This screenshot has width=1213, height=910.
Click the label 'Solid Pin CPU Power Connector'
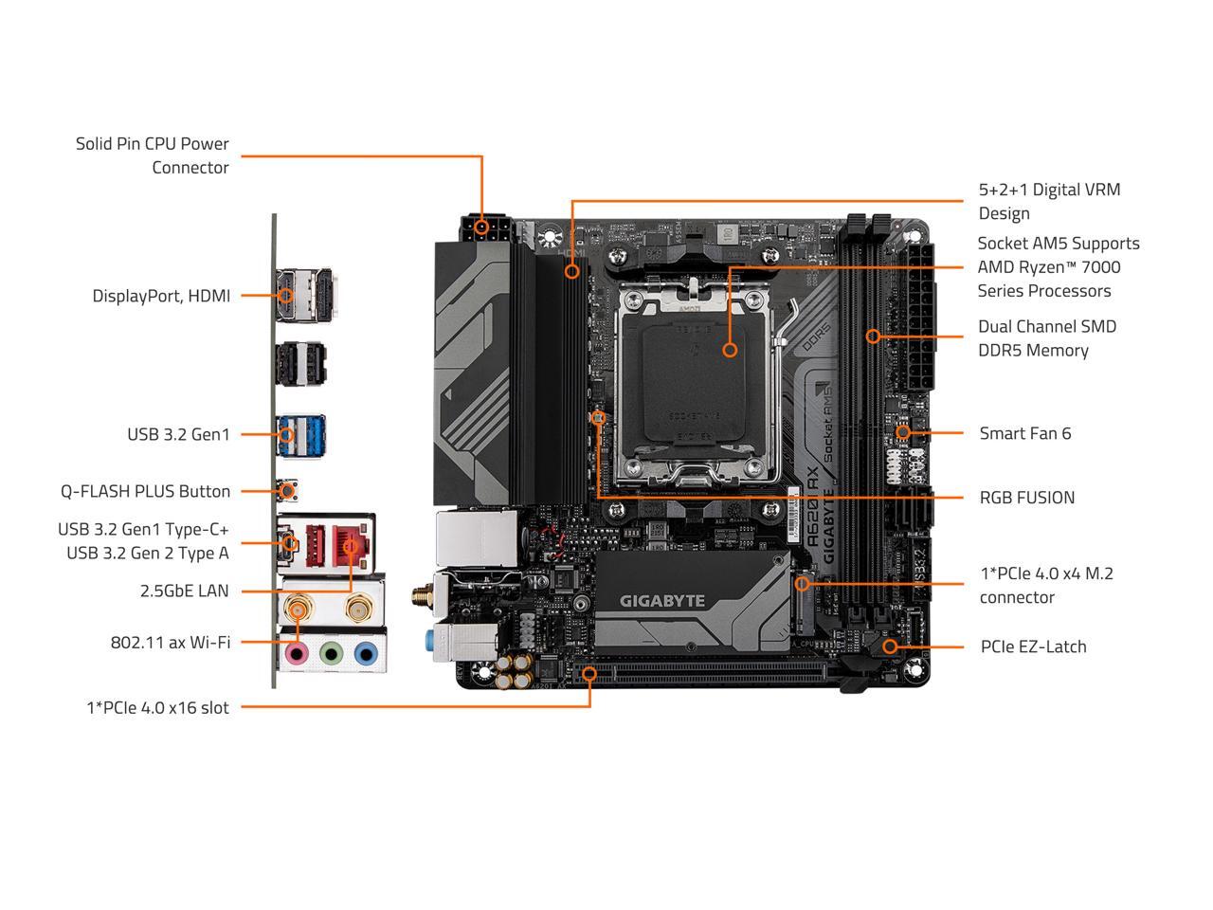[153, 155]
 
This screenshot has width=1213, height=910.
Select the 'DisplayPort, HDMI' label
[161, 296]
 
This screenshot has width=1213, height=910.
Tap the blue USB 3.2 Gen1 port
[300, 434]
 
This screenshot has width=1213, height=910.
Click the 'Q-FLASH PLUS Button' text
[145, 491]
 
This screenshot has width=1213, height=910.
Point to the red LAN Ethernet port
[354, 547]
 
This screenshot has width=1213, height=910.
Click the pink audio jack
[298, 653]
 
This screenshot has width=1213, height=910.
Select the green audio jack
[331, 653]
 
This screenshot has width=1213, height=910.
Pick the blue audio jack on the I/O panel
[365, 653]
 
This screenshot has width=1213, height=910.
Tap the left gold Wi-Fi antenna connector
[298, 607]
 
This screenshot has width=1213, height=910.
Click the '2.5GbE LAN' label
[184, 591]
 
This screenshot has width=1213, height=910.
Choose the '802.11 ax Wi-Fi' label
[171, 642]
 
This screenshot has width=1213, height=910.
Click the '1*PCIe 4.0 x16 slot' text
[157, 707]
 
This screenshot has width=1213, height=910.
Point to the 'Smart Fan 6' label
[1024, 433]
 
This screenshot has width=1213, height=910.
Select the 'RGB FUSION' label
[1026, 498]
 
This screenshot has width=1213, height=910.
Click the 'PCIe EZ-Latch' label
[1033, 646]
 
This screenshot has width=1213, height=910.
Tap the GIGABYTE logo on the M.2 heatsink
[662, 600]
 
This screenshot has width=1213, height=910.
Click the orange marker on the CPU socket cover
[730, 350]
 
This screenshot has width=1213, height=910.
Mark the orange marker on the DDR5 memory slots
[873, 336]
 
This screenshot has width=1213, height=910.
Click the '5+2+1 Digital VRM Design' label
[1049, 201]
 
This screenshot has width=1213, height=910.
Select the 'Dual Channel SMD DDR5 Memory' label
[1047, 337]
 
